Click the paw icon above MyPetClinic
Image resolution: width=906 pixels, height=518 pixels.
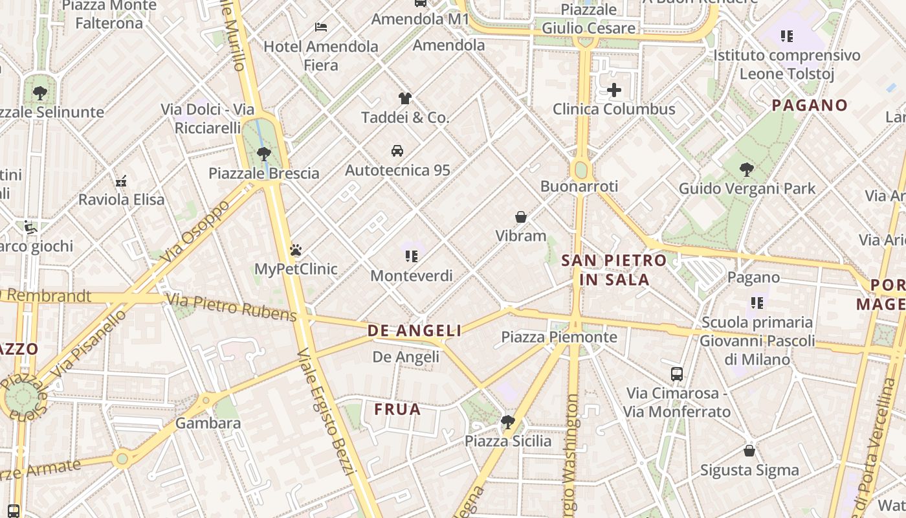[296, 250]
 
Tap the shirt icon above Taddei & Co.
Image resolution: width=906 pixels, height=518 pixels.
[405, 98]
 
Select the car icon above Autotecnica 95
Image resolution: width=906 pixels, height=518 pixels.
[397, 151]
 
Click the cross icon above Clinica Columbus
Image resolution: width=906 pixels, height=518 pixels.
[614, 90]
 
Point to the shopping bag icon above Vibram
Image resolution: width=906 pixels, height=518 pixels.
[521, 217]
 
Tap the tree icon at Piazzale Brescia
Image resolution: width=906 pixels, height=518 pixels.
[263, 154]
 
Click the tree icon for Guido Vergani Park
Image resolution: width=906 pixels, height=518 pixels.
[747, 170]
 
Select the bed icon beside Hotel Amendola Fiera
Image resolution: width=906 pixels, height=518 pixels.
[321, 27]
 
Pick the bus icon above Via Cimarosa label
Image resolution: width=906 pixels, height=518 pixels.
[677, 374]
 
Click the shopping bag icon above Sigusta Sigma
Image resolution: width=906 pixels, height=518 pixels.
[749, 451]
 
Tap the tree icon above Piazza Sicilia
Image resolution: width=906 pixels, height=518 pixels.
[508, 422]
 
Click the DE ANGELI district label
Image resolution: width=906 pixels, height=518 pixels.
[415, 331]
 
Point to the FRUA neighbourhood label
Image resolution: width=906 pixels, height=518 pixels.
[397, 409]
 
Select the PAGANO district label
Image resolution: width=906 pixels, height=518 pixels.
[810, 105]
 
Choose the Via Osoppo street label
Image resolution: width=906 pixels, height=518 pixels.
[195, 232]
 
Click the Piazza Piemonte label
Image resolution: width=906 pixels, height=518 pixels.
[559, 337]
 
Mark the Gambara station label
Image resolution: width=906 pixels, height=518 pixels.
[208, 423]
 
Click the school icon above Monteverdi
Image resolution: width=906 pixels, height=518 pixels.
[412, 256]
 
